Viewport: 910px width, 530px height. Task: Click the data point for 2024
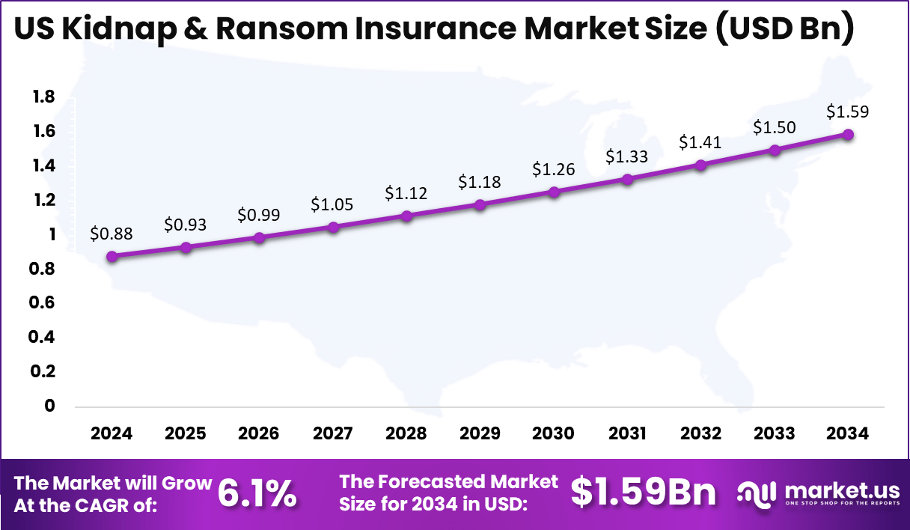pos(112,256)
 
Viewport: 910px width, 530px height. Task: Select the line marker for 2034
pos(848,135)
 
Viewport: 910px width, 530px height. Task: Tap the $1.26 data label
pos(553,169)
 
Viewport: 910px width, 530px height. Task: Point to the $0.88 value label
pos(112,234)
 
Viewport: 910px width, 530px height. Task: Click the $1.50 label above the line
pos(775,127)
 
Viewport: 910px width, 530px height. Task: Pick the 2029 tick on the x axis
pos(480,433)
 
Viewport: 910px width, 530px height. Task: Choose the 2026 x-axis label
pos(259,433)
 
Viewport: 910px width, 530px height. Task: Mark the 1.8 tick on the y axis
pos(44,97)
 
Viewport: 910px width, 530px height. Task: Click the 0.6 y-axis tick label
pos(44,302)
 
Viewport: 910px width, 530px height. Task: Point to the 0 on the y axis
pos(50,406)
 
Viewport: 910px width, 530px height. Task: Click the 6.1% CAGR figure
pos(257,493)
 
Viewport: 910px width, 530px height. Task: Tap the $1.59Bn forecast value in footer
pos(643,493)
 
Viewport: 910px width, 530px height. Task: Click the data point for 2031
pos(627,179)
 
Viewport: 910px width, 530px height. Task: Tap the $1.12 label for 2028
pos(406,193)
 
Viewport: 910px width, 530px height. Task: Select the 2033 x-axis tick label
pos(775,433)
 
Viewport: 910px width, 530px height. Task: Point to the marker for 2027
pos(333,227)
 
